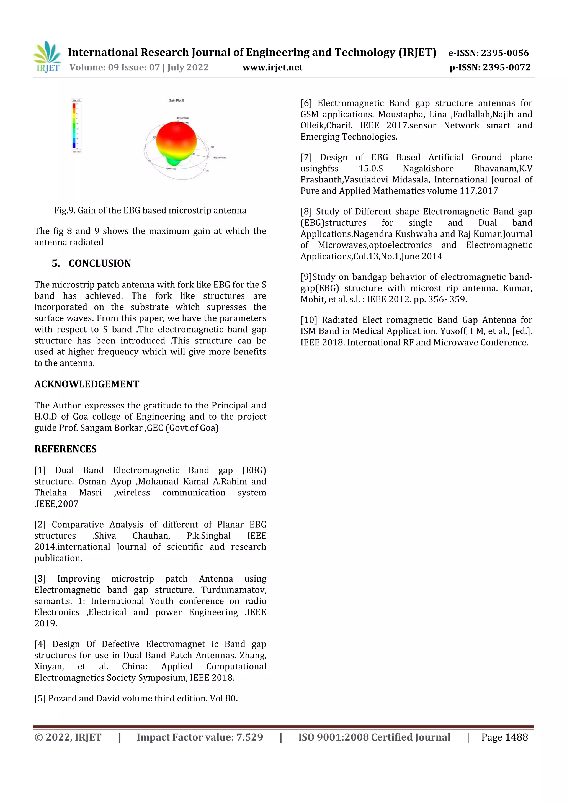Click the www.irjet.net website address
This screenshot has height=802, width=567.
click(x=272, y=67)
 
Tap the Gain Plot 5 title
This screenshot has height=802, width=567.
click(x=176, y=101)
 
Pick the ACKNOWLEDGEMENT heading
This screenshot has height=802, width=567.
click(x=87, y=384)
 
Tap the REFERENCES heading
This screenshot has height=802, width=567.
click(x=65, y=449)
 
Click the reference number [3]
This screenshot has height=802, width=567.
click(x=40, y=579)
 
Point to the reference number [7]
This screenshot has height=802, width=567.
click(x=306, y=158)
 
